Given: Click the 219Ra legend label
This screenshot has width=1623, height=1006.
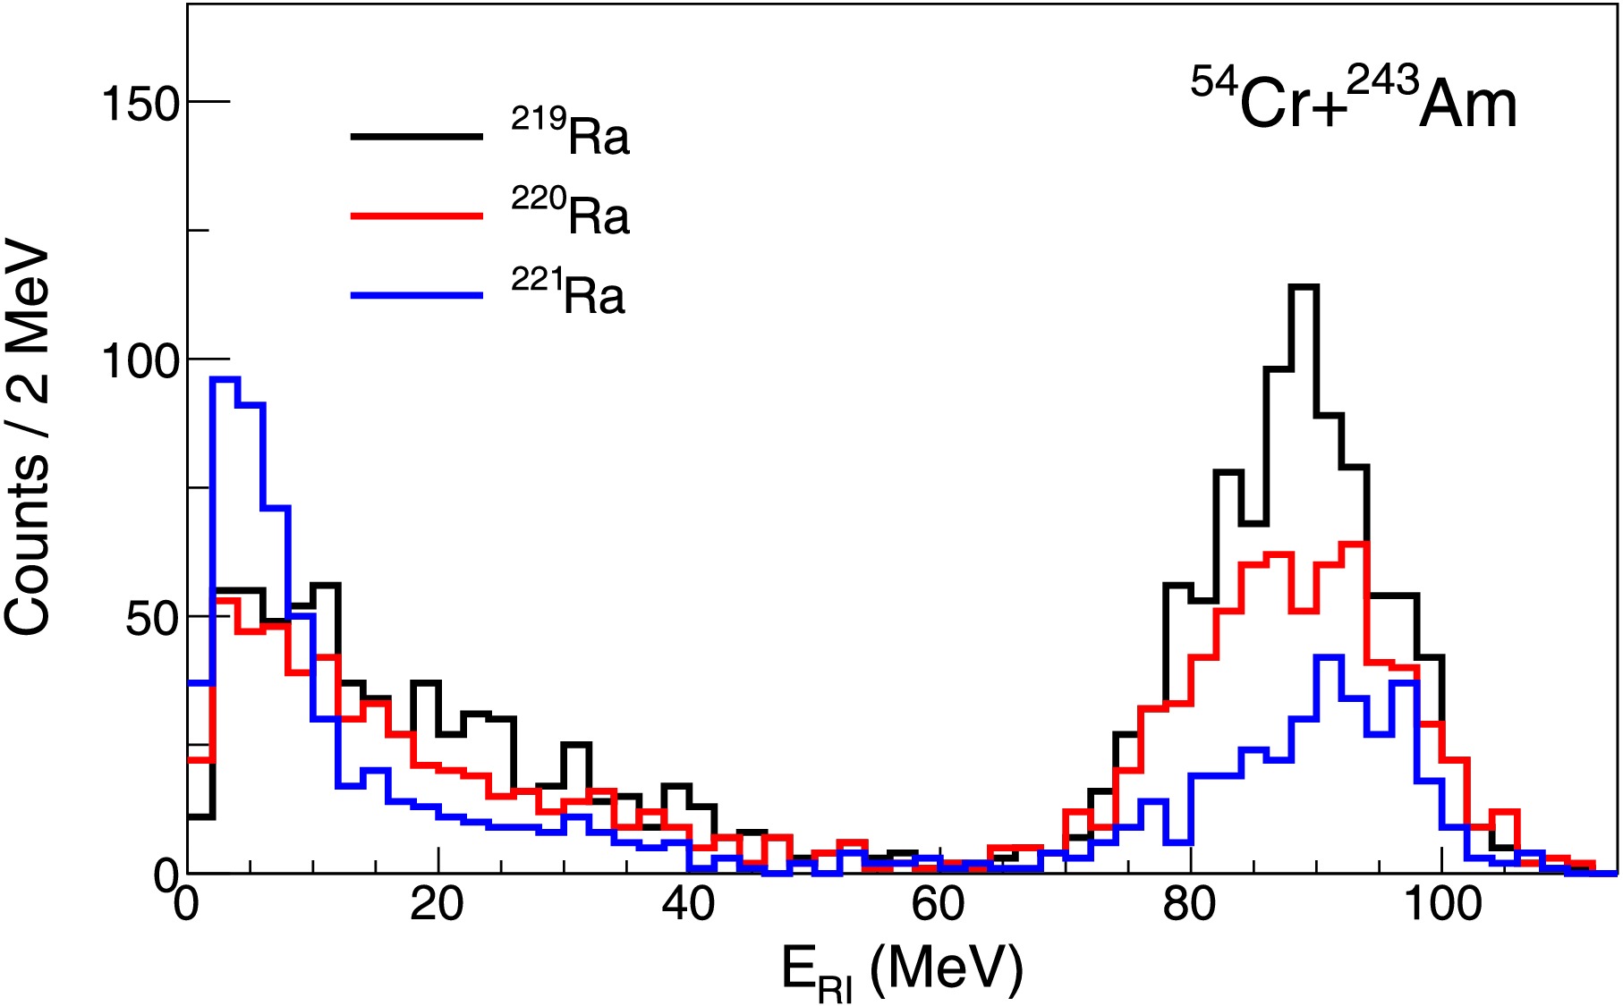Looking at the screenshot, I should [571, 134].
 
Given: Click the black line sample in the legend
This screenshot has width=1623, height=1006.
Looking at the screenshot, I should [416, 137].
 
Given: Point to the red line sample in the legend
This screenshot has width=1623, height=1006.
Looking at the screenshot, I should [416, 216].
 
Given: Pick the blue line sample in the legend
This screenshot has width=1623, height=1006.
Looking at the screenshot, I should [416, 294].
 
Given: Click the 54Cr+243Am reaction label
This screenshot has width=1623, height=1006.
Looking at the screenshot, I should [1353, 101].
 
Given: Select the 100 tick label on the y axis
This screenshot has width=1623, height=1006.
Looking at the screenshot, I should [141, 360].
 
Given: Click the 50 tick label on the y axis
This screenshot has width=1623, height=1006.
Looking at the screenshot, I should [153, 618].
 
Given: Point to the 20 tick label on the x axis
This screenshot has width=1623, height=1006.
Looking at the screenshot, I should [437, 905].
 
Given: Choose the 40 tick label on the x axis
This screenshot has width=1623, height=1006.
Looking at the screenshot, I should [688, 905].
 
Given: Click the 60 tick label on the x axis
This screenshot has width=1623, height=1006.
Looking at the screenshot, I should [939, 905].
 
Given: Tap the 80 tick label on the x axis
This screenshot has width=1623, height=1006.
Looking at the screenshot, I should [1190, 905].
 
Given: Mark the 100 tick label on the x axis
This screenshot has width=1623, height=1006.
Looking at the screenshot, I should [1442, 905].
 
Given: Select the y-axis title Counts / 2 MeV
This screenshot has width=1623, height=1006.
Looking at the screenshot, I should [29, 438].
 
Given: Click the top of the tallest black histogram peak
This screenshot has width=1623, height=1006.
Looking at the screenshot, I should [1304, 287].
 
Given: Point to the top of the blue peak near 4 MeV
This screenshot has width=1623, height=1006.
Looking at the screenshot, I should [225, 379].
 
